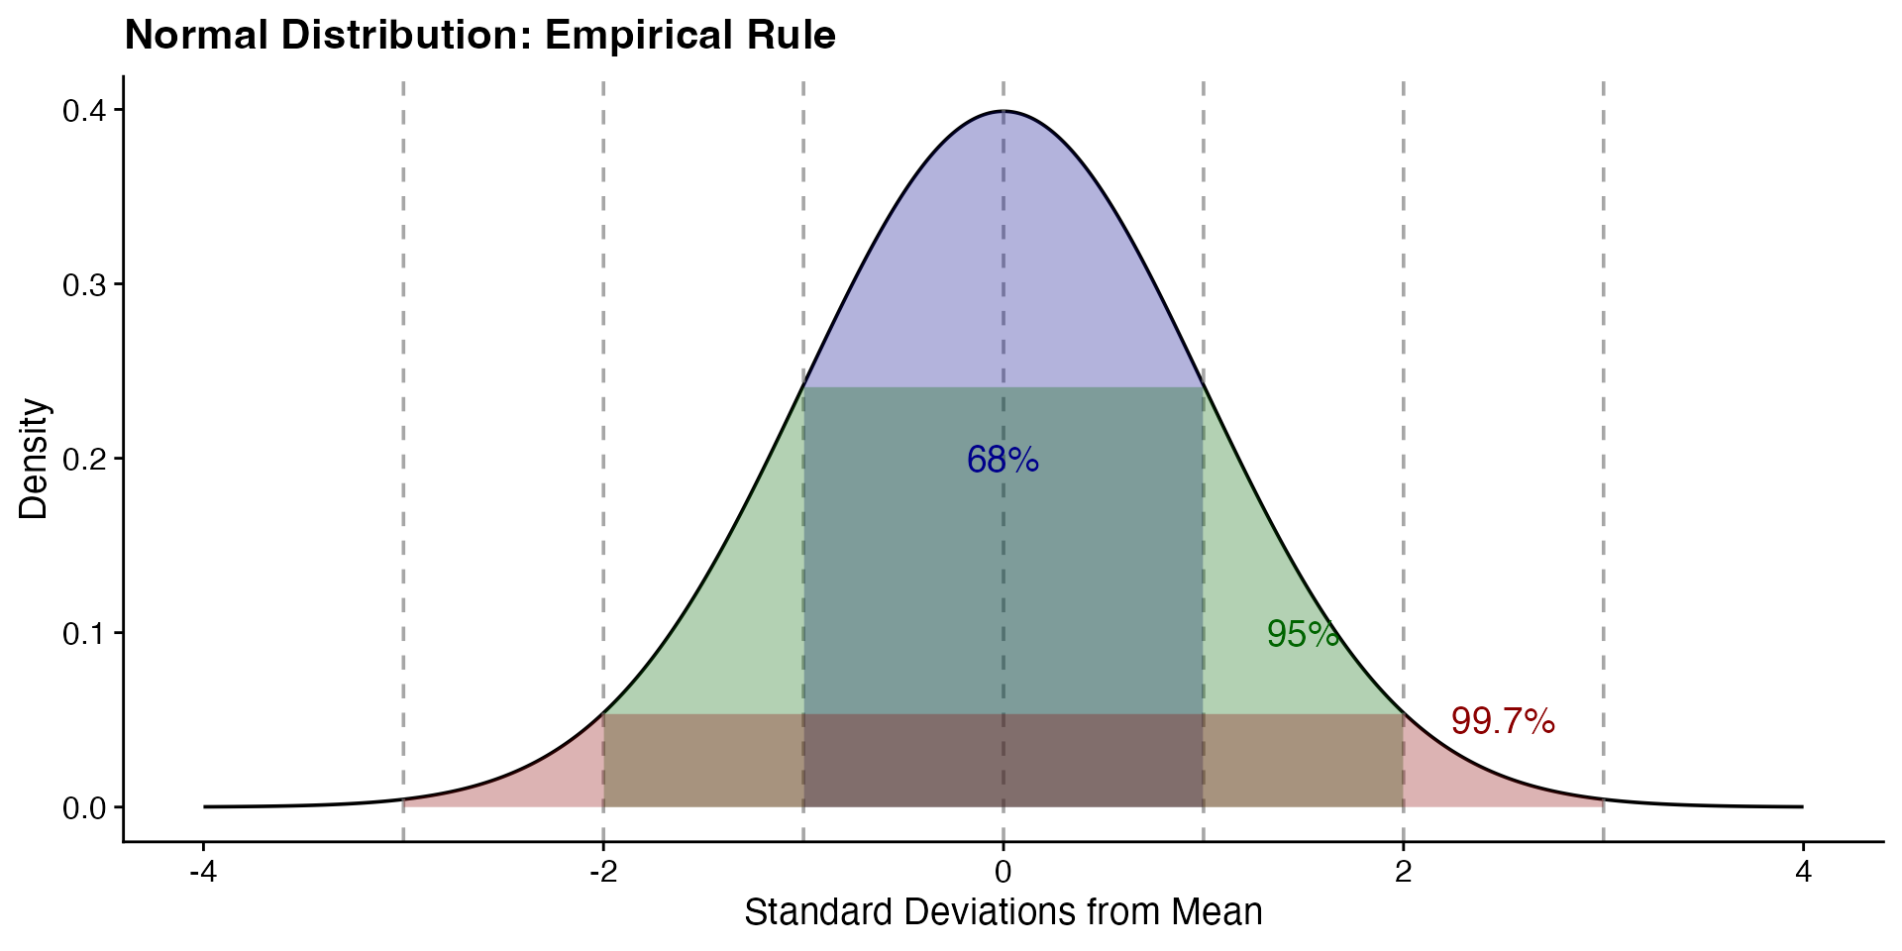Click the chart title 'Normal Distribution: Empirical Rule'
(480, 36)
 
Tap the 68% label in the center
(1003, 460)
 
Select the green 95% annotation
(1303, 634)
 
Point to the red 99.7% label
(1503, 722)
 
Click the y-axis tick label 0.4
(85, 110)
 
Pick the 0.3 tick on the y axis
(85, 284)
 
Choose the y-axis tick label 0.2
(85, 459)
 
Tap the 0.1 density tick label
(85, 633)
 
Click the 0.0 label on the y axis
(85, 807)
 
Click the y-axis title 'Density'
(34, 459)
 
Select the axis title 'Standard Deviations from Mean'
(1003, 912)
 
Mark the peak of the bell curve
(1004, 111)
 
